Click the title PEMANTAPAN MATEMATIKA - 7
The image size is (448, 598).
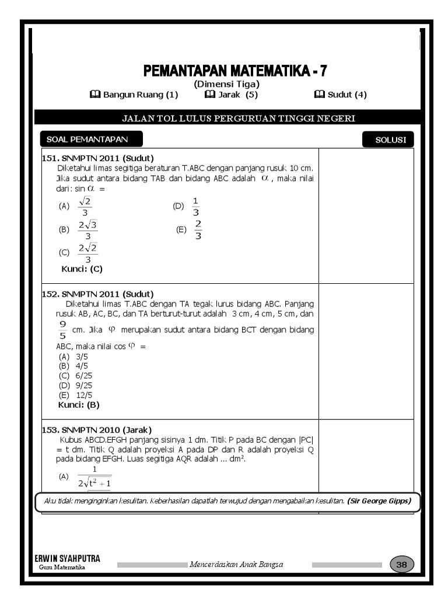235,71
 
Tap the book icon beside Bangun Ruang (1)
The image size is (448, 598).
96,95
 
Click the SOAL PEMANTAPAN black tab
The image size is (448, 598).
90,140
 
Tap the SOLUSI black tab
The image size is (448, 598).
387,140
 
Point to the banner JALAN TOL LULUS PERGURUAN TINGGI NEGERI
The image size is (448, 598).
238,119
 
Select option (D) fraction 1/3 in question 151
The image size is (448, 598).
195,206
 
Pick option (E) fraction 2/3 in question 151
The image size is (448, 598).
198,230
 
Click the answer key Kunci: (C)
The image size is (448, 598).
82,269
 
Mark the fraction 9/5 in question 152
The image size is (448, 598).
62,329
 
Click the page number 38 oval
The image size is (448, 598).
401,565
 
